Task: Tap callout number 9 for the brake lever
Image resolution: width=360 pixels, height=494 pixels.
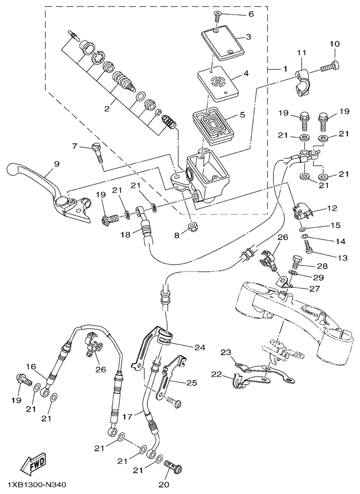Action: [x=56, y=164]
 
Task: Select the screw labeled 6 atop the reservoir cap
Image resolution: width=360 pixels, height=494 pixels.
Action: [x=217, y=15]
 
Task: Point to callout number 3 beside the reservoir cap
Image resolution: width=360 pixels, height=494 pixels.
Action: [x=248, y=37]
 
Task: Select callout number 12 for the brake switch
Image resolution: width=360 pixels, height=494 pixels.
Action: [x=332, y=208]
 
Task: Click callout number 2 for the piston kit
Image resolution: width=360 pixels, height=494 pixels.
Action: [x=107, y=109]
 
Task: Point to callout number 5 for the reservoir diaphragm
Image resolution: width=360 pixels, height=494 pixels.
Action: [x=242, y=114]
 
